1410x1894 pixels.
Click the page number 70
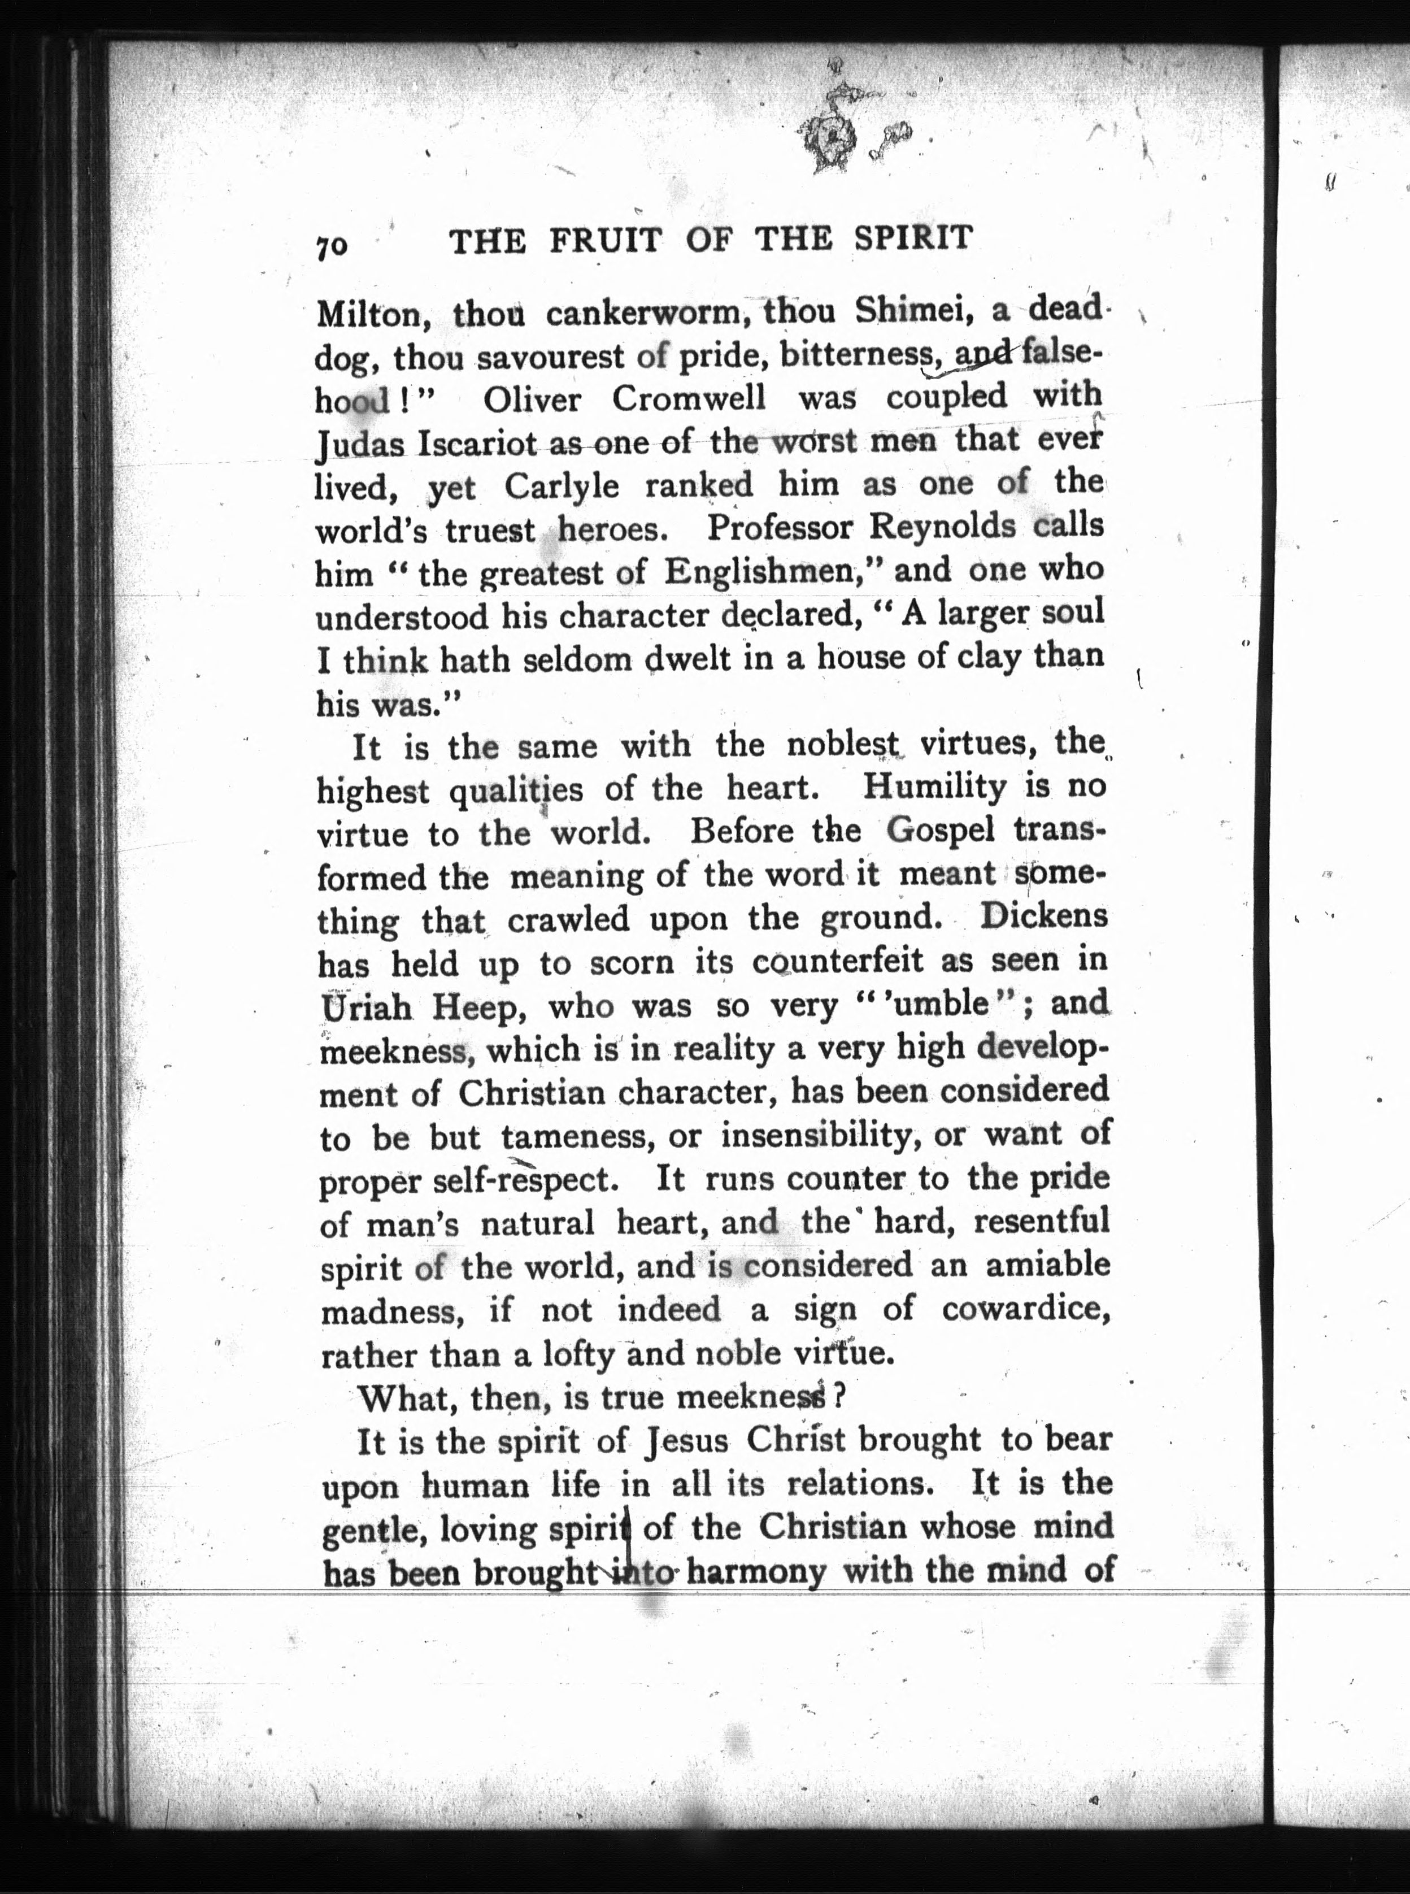point(332,247)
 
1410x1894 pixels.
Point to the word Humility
point(934,786)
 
